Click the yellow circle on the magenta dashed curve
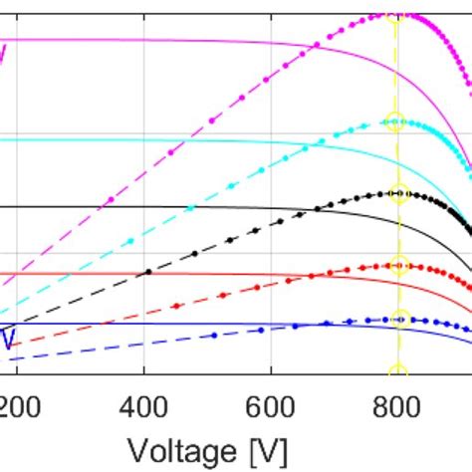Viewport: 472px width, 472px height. click(395, 14)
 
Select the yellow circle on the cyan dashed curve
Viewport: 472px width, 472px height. click(395, 122)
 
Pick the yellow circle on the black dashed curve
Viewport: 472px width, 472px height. click(398, 193)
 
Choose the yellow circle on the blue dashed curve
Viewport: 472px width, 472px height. click(399, 319)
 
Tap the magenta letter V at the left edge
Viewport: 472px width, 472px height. click(4, 50)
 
